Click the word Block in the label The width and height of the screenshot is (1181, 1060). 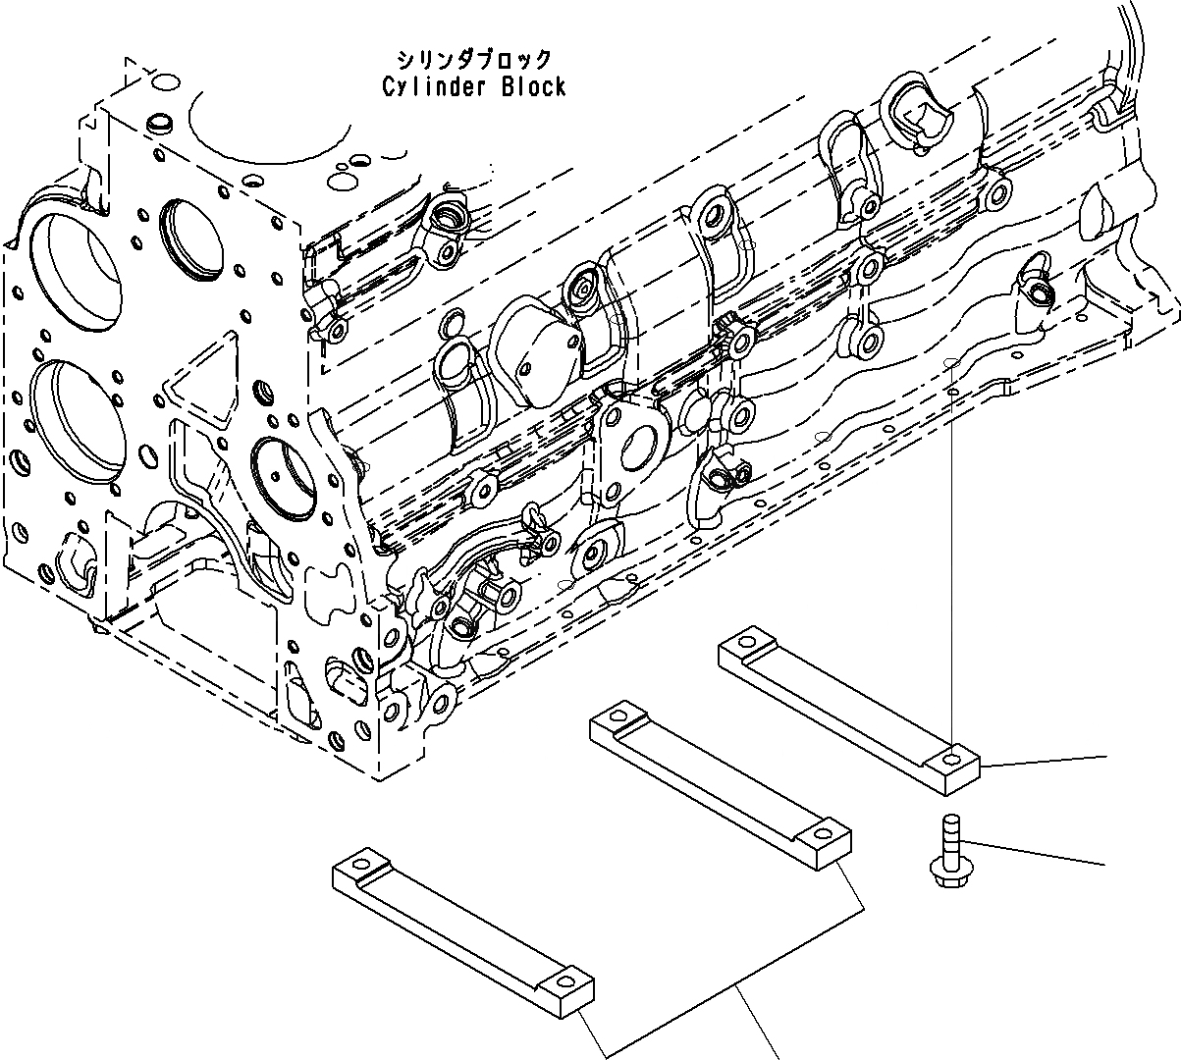tap(533, 87)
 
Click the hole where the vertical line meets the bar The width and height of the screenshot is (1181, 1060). tap(950, 759)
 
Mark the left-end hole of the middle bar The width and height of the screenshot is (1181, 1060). tap(618, 714)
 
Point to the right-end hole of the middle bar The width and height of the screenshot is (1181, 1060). tap(822, 835)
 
